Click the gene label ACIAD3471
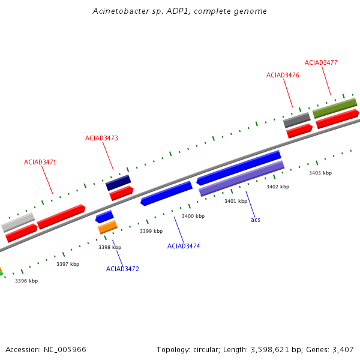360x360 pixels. point(40,162)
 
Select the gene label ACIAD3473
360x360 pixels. point(101,138)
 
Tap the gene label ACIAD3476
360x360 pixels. point(283,75)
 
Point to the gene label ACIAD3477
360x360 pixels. point(321,62)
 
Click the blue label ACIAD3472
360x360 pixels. point(122,269)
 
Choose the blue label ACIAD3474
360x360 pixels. point(184,246)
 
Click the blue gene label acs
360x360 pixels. point(256,220)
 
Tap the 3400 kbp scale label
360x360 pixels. point(193,216)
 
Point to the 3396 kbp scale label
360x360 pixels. point(26,281)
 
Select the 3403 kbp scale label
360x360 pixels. point(320,173)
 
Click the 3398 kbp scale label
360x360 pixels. point(110,247)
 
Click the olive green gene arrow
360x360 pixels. point(335,107)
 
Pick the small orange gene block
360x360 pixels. point(107,227)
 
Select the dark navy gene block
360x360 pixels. point(118,182)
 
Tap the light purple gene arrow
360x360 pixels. point(241,179)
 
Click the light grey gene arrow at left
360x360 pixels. point(18,222)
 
